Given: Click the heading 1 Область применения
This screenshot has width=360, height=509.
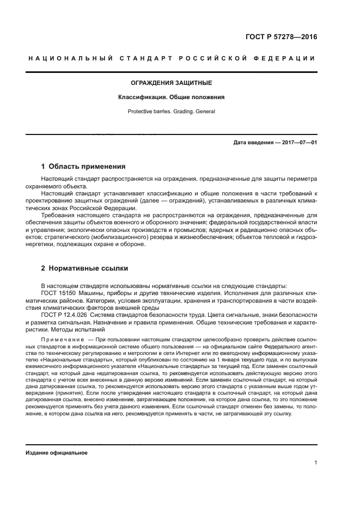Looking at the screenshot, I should tap(84, 167).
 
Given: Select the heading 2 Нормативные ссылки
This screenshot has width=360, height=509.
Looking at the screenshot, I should tap(85, 268).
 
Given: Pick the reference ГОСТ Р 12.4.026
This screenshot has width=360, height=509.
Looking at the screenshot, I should tap(66, 315).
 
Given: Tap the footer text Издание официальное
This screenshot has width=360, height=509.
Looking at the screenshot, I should tap(57, 453).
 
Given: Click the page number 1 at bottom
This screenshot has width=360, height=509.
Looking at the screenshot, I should tap(316, 463).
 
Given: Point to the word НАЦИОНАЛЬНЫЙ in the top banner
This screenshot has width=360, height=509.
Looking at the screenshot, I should tap(70, 58).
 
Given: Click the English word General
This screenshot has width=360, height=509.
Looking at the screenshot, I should tap(204, 111).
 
